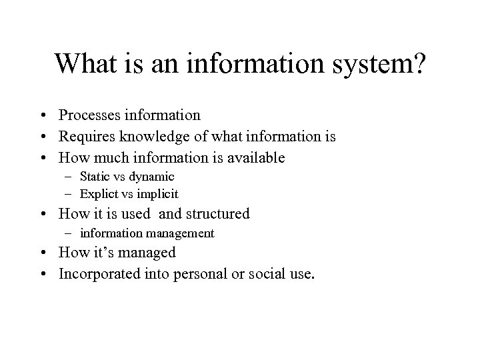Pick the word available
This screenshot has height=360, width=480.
256,158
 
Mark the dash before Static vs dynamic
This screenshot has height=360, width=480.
69,177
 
